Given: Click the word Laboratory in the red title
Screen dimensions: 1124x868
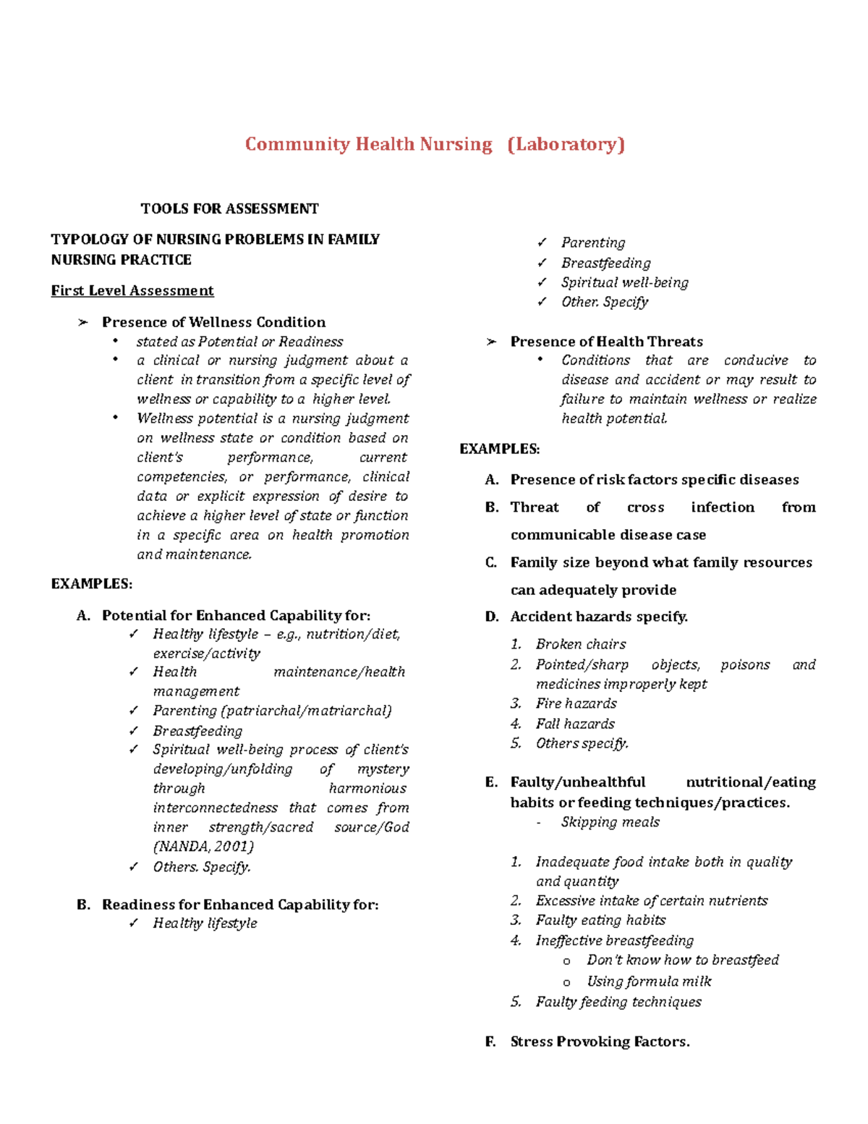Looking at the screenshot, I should click(x=566, y=144).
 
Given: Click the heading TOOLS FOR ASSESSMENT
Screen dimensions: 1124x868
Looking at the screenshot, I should click(x=229, y=208).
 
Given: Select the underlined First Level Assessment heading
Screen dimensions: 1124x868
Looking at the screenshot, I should click(x=132, y=290).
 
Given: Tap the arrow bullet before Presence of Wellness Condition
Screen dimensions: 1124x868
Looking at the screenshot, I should click(x=82, y=322).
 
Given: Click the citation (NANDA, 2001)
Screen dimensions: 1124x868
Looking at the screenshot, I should click(x=203, y=846).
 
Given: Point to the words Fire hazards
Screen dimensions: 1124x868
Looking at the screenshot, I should click(x=576, y=703).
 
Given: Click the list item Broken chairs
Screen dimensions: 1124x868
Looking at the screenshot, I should click(x=580, y=644).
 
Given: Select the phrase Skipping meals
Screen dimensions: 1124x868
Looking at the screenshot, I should click(x=610, y=822).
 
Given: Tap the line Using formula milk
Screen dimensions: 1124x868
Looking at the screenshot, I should click(x=649, y=981).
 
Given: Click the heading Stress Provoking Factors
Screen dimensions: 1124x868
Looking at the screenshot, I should click(x=600, y=1041).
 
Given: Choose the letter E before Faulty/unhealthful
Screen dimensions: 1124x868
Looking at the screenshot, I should click(x=492, y=782).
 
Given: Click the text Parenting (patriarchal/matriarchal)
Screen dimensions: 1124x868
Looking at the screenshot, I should click(x=272, y=711).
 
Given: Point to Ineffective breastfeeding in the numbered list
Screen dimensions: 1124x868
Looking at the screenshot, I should click(x=614, y=940).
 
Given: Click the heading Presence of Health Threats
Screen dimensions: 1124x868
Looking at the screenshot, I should click(x=606, y=342).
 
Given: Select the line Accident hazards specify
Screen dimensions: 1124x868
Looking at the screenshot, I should click(x=598, y=617).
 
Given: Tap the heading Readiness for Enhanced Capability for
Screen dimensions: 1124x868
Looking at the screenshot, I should click(x=240, y=905).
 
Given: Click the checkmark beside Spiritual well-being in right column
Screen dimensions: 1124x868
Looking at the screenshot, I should click(x=542, y=282).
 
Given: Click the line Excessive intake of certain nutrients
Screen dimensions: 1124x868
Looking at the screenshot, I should click(x=651, y=901).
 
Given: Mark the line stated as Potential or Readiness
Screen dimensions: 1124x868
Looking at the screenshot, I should click(x=239, y=342).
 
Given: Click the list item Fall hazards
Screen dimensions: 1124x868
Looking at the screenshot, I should click(x=575, y=724).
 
